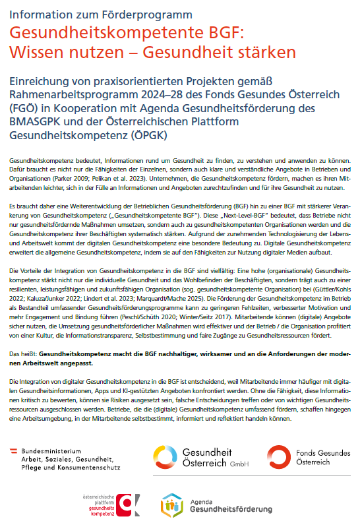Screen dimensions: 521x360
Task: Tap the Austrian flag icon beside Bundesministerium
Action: click(14, 450)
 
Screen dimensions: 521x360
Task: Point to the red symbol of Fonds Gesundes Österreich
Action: click(280, 456)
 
